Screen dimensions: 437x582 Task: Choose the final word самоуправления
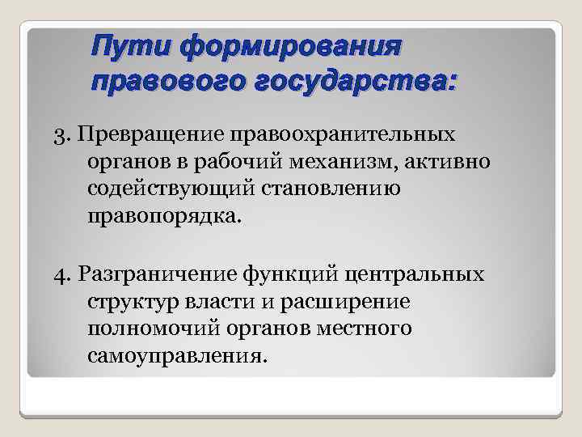tap(173, 357)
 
